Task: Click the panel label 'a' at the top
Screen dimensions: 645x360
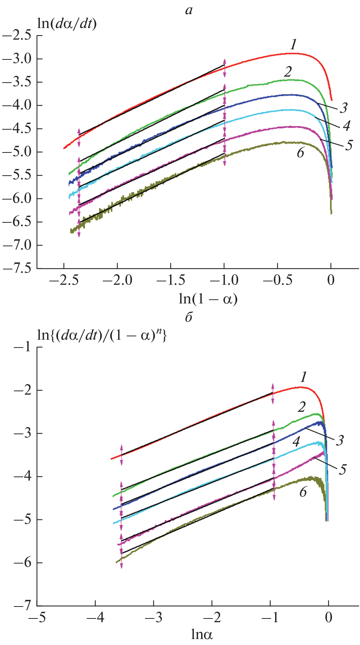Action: pyautogui.click(x=189, y=10)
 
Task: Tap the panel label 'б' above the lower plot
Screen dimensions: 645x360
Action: pyautogui.click(x=189, y=317)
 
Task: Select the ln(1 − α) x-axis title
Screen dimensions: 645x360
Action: pyautogui.click(x=208, y=299)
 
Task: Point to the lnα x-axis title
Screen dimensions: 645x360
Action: pyautogui.click(x=202, y=635)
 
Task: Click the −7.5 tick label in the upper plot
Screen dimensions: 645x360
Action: pyautogui.click(x=17, y=269)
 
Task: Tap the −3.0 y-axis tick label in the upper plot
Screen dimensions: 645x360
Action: pyautogui.click(x=17, y=59)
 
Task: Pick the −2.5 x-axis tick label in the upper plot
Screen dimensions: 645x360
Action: pyautogui.click(x=64, y=280)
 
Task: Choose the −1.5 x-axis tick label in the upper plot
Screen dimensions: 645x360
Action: pyautogui.click(x=171, y=280)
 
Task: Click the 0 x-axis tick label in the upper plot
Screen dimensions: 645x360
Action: pyautogui.click(x=331, y=280)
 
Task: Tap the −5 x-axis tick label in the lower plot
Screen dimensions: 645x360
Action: pyautogui.click(x=37, y=617)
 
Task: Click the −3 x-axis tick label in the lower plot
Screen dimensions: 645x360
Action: pyautogui.click(x=154, y=617)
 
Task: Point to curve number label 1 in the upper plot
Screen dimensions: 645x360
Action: pyautogui.click(x=293, y=45)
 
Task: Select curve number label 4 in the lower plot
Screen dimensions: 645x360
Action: pyautogui.click(x=296, y=442)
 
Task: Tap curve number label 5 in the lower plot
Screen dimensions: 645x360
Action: pyautogui.click(x=343, y=469)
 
